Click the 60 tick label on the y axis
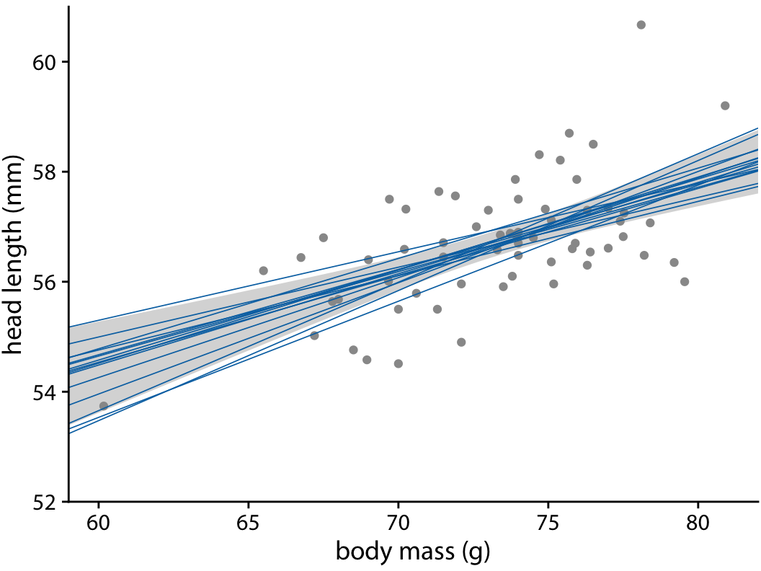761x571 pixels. [45, 62]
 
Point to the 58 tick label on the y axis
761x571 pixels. [45, 172]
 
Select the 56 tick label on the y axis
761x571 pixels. [45, 282]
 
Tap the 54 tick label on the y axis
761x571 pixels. [45, 391]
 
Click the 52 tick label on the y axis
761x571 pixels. [45, 501]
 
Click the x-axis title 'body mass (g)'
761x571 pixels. [413, 552]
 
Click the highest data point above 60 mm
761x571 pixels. [641, 25]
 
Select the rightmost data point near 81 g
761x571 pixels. [725, 105]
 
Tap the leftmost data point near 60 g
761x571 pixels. [104, 406]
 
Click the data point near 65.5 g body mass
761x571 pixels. [263, 270]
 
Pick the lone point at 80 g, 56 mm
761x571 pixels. [685, 281]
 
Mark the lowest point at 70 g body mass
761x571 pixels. [398, 363]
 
